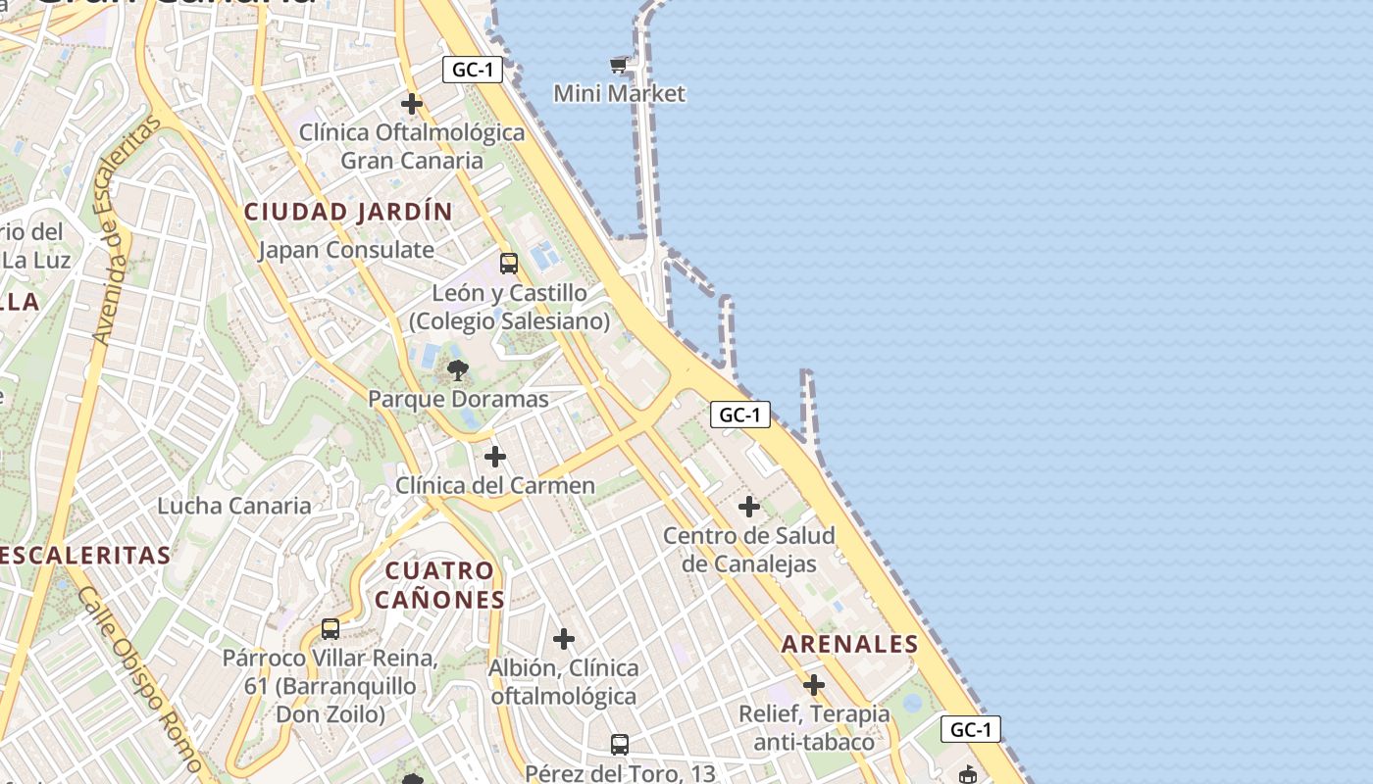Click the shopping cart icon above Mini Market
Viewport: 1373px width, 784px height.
tap(618, 66)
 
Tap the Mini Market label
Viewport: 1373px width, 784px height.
tap(619, 94)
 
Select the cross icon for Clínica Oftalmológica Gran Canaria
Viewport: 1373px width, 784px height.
tap(412, 103)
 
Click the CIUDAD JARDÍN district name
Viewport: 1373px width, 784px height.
tap(348, 212)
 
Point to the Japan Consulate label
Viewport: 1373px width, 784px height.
tap(345, 250)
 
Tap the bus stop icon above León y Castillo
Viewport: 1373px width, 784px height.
tap(508, 263)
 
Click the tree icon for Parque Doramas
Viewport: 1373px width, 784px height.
tap(457, 370)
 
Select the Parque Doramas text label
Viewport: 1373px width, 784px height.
tap(458, 400)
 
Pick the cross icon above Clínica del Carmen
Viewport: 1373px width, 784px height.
tap(495, 457)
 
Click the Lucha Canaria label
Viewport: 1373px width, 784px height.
tap(234, 507)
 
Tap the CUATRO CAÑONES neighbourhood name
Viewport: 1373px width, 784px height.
tap(439, 585)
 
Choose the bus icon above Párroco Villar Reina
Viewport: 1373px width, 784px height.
tap(331, 629)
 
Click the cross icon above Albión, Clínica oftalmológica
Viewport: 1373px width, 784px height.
tap(564, 639)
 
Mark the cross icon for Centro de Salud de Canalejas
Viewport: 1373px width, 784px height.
tap(749, 507)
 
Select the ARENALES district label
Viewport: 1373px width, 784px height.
tap(849, 645)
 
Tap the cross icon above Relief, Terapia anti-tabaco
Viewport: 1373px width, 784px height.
tap(813, 685)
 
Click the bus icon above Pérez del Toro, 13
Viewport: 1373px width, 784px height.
tap(619, 745)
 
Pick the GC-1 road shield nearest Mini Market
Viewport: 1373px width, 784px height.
tap(473, 70)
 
